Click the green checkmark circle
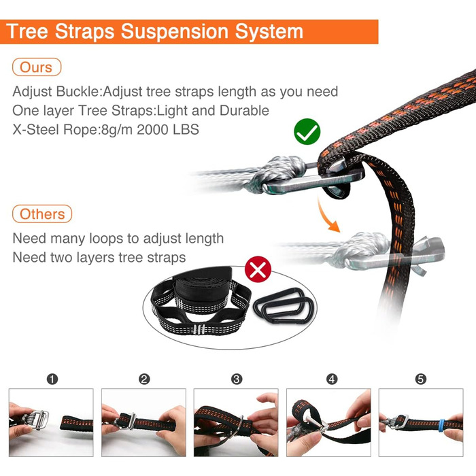click(x=307, y=131)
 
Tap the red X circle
click(x=258, y=269)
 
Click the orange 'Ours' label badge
click(x=37, y=67)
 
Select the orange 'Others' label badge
click(x=42, y=214)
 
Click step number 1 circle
click(x=52, y=379)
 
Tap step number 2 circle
click(x=144, y=379)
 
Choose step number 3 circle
click(x=237, y=379)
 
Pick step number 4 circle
click(x=332, y=379)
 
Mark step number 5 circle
click(x=421, y=379)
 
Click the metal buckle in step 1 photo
click(x=38, y=420)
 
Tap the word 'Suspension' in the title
click(x=175, y=31)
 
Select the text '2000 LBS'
click(x=168, y=130)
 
